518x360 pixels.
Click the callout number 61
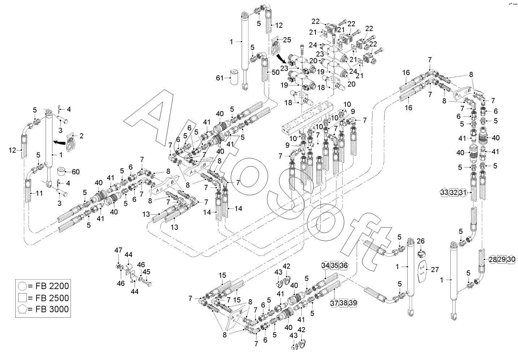(x=220, y=77)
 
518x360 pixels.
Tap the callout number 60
(x=76, y=171)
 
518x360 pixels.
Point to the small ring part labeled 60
(x=61, y=171)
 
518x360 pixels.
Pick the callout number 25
(x=287, y=40)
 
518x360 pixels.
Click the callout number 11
(x=39, y=193)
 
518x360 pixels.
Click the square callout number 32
(x=454, y=192)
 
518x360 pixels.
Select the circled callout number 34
(x=325, y=265)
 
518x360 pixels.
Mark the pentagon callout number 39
(x=353, y=303)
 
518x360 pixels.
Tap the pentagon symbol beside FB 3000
(x=21, y=309)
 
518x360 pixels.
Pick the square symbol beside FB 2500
(x=21, y=298)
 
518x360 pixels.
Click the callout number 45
(x=147, y=272)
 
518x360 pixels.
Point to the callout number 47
(x=119, y=250)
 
